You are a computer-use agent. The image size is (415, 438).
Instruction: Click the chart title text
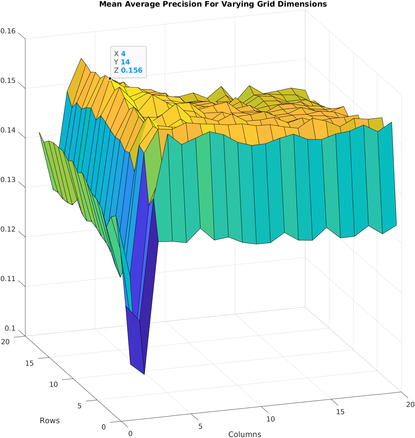[213, 4]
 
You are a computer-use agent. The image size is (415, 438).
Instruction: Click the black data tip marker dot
[110, 79]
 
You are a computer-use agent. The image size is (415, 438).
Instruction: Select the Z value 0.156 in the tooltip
[132, 70]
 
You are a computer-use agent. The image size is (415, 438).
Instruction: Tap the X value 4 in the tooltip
[123, 54]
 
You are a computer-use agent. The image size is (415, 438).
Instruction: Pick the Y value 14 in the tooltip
[125, 62]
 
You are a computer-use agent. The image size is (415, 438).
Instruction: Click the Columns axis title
[245, 434]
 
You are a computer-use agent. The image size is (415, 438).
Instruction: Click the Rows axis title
[50, 420]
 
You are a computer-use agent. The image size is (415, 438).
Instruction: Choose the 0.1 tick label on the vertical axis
[10, 328]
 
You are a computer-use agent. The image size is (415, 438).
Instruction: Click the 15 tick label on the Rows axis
[29, 363]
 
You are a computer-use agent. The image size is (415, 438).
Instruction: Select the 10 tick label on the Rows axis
[54, 384]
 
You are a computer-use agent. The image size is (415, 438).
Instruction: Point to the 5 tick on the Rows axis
[79, 406]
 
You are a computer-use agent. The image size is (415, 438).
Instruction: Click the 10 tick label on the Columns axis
[271, 419]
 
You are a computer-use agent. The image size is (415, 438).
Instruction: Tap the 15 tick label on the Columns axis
[340, 412]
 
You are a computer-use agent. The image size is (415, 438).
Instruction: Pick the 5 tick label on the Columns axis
[200, 426]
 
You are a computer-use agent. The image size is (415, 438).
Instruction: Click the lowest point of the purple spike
[144, 374]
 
